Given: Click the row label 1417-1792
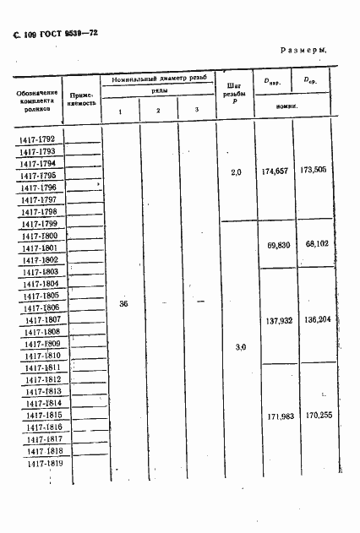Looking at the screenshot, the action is pos(37,140).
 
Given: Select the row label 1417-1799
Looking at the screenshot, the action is pos(40,225).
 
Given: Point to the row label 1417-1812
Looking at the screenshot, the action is pos(43,379).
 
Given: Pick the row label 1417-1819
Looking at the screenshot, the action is pos(46,463).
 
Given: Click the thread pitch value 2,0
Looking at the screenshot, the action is pos(236,172).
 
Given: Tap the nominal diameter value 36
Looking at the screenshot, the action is pos(124,303).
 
